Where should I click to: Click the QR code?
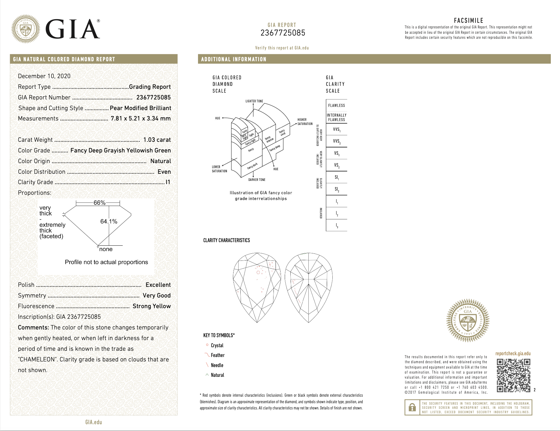click(x=513, y=375)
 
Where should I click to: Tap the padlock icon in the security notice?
click(x=412, y=407)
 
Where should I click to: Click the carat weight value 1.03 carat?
click(x=157, y=140)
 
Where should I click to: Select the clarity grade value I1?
click(x=168, y=182)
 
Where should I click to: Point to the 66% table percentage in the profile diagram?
click(x=99, y=203)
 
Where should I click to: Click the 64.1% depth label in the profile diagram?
click(x=109, y=221)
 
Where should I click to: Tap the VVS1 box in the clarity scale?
click(x=337, y=129)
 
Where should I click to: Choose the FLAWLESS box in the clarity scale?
click(x=337, y=105)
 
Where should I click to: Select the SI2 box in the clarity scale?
click(x=337, y=189)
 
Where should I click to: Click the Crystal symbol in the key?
click(x=207, y=345)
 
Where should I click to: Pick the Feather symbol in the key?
click(x=207, y=355)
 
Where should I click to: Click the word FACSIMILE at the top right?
click(x=468, y=20)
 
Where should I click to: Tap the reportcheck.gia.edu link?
click(x=513, y=353)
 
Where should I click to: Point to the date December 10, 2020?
click(x=44, y=76)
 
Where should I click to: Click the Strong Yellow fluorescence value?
click(x=152, y=306)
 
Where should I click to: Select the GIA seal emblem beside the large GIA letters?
click(x=26, y=29)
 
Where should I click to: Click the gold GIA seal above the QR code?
click(x=468, y=320)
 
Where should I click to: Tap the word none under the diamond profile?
click(x=106, y=249)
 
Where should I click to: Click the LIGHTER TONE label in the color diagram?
click(x=254, y=101)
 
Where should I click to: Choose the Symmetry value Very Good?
click(x=157, y=295)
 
